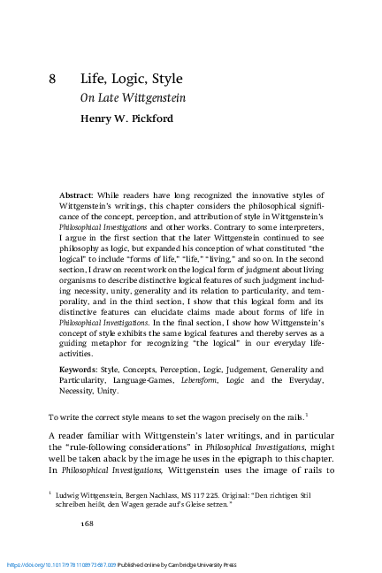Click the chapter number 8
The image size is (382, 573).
[53, 79]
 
